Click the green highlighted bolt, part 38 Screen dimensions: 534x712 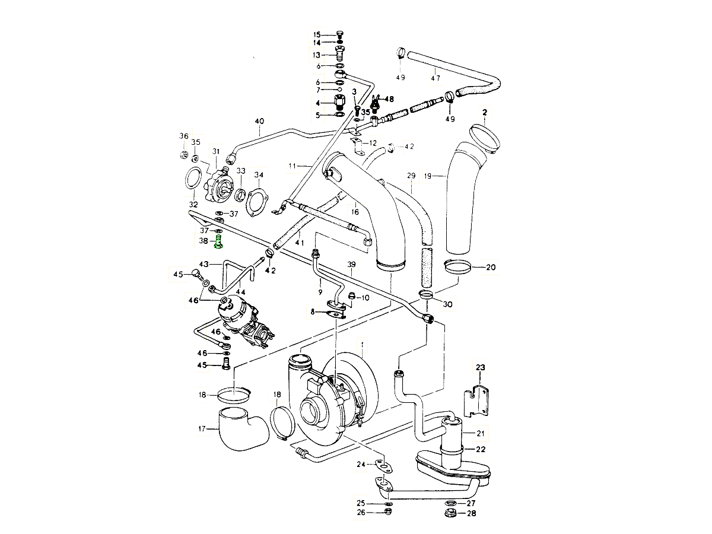coord(220,241)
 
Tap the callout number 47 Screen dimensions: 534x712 coord(436,78)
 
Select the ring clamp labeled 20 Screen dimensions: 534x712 coord(459,267)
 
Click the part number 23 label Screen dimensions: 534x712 coord(480,367)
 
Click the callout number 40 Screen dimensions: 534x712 coord(259,122)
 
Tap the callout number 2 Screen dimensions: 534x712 coord(485,112)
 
